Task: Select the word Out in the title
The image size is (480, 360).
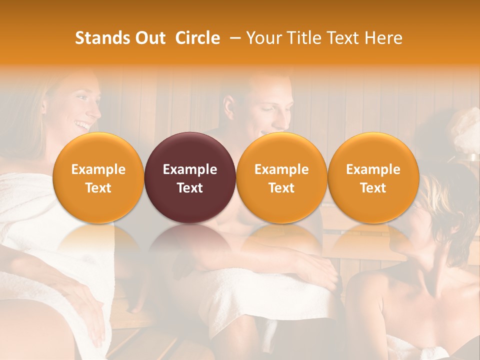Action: pos(149,38)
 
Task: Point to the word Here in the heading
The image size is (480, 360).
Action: pos(383,38)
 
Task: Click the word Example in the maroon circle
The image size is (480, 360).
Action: pos(190,169)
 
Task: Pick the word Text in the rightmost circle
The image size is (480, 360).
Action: pos(373,188)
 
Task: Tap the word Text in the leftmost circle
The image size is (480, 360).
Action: pos(98,188)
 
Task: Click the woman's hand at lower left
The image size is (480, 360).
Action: pos(90,310)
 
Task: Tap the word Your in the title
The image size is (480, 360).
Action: pos(262,38)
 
